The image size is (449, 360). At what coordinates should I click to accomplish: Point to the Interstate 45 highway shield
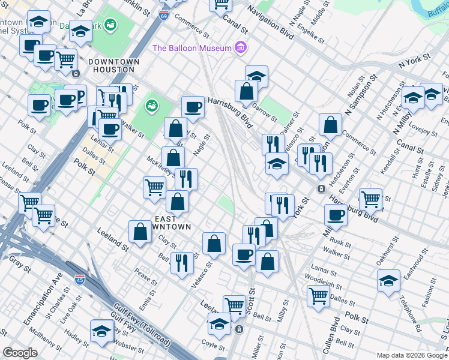pyautogui.click(x=80, y=279)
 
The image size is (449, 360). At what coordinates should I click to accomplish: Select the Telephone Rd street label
pyautogui.click(x=410, y=313)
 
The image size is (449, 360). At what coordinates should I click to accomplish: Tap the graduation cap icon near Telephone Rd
pyautogui.click(x=388, y=280)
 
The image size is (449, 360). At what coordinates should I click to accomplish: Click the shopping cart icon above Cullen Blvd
pyautogui.click(x=318, y=294)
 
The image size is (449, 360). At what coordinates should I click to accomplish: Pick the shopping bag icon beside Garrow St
pyautogui.click(x=246, y=91)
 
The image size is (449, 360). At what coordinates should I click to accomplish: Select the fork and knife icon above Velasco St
pyautogui.click(x=182, y=262)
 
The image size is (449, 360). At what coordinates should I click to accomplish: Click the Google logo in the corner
pyautogui.click(x=20, y=353)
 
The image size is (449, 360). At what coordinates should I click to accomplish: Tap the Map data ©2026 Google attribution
pyautogui.click(x=411, y=355)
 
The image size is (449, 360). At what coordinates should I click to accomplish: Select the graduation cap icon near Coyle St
pyautogui.click(x=219, y=325)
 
